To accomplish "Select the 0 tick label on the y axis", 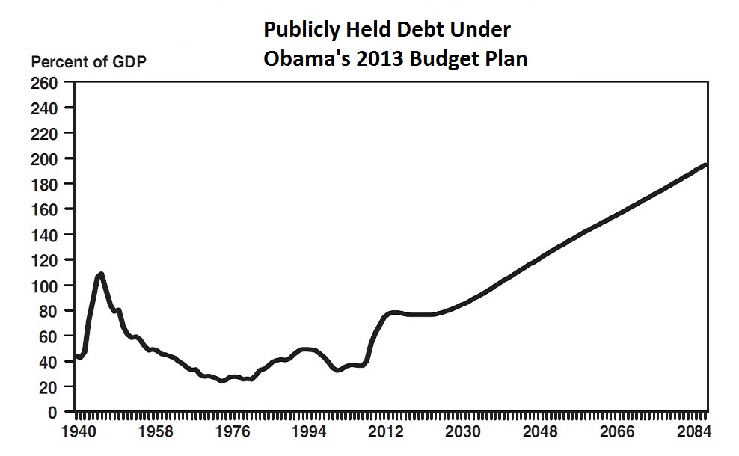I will (53, 413).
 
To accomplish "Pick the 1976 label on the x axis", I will (233, 432).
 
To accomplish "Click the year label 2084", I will (693, 432).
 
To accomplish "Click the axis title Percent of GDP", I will (88, 62).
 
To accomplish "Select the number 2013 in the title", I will (372, 58).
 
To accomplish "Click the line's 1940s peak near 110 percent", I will (101, 274).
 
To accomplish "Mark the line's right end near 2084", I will (706, 164).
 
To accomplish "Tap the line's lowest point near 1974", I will (221, 381).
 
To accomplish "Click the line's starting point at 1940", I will (75, 355).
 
